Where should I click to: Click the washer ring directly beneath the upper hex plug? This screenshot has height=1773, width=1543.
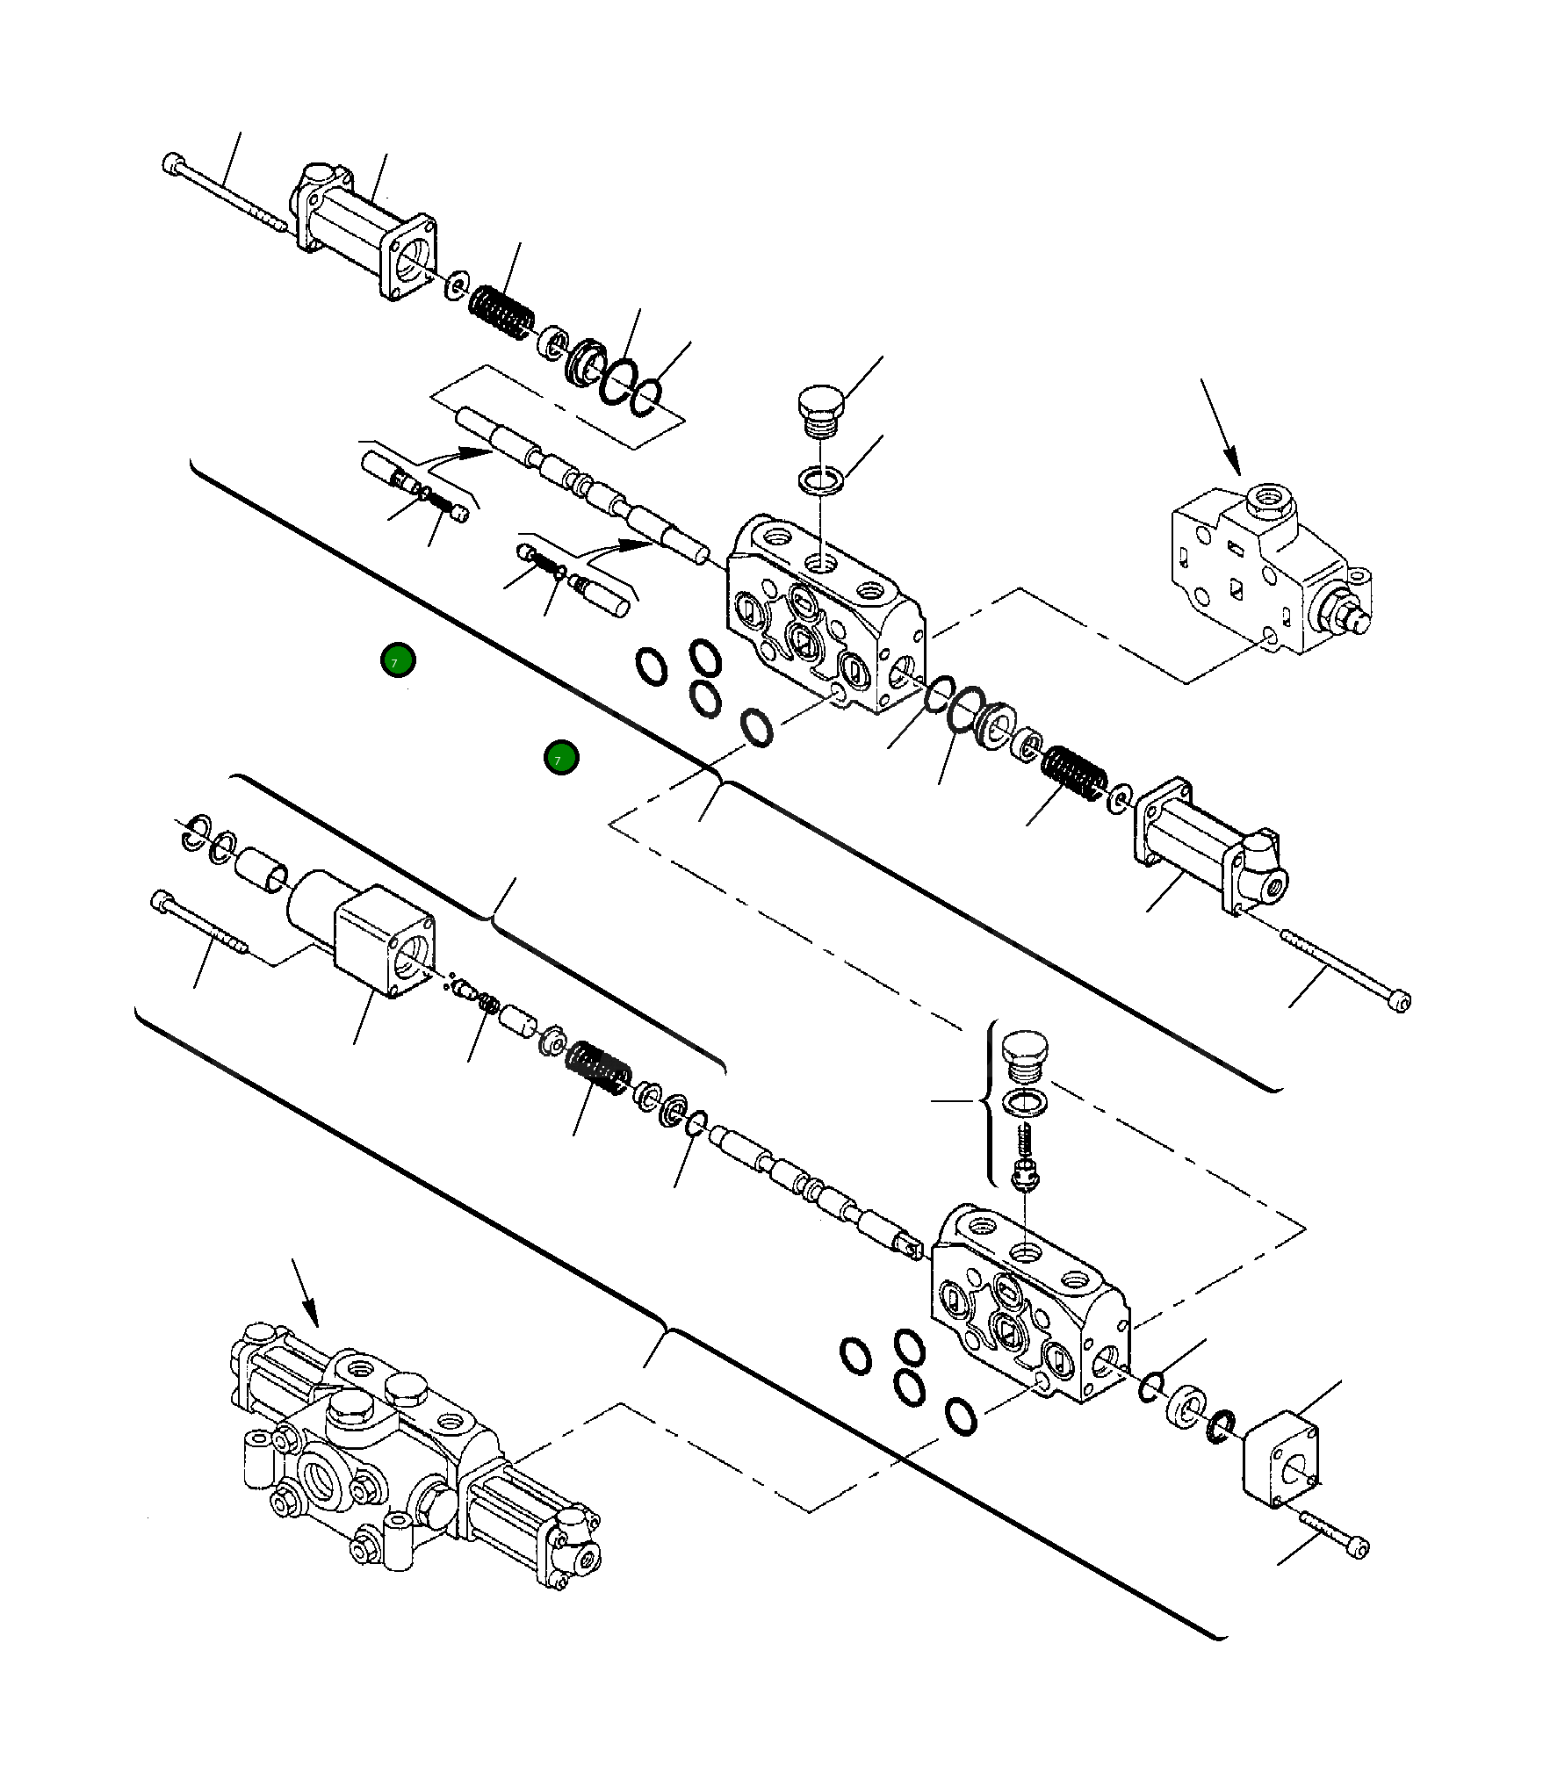[821, 479]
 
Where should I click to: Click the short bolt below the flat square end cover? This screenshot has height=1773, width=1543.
[1333, 1533]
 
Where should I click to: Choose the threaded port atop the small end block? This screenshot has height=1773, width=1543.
[1268, 500]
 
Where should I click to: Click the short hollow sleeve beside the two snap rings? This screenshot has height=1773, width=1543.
[261, 868]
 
